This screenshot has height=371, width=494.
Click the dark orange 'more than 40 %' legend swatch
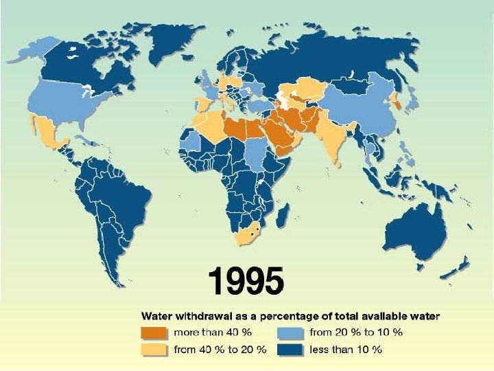tap(155, 333)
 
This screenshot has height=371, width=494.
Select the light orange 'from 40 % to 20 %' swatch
tap(155, 349)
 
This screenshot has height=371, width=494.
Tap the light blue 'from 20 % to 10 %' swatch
tap(290, 333)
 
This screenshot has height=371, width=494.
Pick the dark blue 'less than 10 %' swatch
tap(290, 349)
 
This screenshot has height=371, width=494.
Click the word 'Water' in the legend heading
tap(156, 317)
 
